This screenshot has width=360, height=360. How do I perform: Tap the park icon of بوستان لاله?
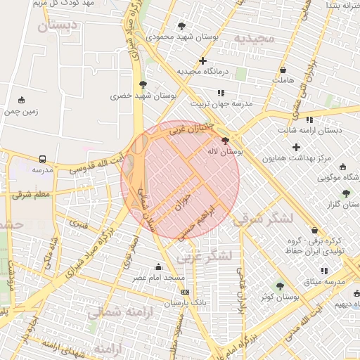pyautogui.click(x=224, y=141)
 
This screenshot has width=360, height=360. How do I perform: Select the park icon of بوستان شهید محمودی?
pyautogui.click(x=182, y=25)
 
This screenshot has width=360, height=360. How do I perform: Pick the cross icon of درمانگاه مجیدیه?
pyautogui.click(x=203, y=61)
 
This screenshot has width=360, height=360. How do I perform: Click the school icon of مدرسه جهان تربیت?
pyautogui.click(x=221, y=92)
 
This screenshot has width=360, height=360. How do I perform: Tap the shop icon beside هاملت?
pyautogui.click(x=283, y=70)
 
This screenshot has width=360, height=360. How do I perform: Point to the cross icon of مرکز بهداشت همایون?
pyautogui.click(x=296, y=148)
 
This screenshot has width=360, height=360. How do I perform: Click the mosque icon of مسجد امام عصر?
pyautogui.click(x=158, y=267)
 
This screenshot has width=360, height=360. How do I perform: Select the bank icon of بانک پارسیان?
pyautogui.click(x=185, y=292)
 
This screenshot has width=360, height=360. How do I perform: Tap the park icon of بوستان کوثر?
pyautogui.click(x=281, y=285)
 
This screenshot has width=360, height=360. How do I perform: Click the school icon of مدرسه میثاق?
pyautogui.click(x=324, y=271)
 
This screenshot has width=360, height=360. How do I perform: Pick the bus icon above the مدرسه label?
pyautogui.click(x=43, y=160)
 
